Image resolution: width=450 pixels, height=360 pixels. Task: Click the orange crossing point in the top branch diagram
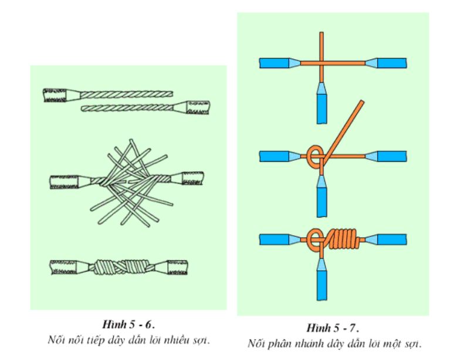[322, 62]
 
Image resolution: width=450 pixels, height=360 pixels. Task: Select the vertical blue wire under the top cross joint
[322, 104]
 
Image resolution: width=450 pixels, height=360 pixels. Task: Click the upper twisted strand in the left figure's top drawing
[123, 94]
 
